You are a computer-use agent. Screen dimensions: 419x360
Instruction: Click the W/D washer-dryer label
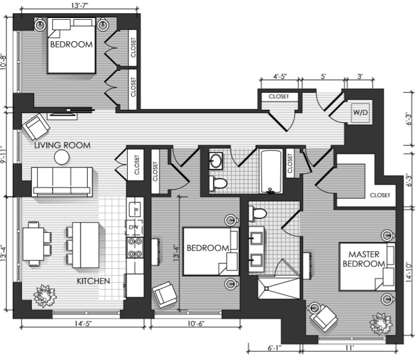pyautogui.click(x=360, y=113)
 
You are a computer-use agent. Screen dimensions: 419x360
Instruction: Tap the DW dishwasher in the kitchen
pyautogui.click(x=134, y=228)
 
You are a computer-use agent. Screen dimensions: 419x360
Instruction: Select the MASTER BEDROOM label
pyautogui.click(x=364, y=259)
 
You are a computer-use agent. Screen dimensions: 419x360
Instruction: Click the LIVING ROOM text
pyautogui.click(x=63, y=145)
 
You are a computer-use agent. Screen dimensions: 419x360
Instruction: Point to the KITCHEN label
pyautogui.click(x=93, y=281)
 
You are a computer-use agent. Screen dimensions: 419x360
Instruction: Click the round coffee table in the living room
pyautogui.click(x=62, y=157)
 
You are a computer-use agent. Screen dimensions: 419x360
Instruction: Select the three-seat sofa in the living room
pyautogui.click(x=62, y=182)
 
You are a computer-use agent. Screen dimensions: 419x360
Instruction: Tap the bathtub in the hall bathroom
pyautogui.click(x=271, y=171)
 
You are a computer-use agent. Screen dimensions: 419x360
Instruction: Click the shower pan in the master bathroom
pyautogui.click(x=279, y=289)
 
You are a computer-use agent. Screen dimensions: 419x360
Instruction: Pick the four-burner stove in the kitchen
pyautogui.click(x=135, y=248)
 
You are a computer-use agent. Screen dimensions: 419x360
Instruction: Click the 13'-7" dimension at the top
pyautogui.click(x=80, y=6)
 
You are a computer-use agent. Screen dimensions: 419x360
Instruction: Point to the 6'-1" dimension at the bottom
pyautogui.click(x=274, y=348)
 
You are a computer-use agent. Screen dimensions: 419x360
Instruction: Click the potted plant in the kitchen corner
pyautogui.click(x=45, y=296)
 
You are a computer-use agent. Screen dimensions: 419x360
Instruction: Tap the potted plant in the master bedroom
pyautogui.click(x=381, y=323)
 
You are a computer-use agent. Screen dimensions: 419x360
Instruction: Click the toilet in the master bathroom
pyautogui.click(x=257, y=213)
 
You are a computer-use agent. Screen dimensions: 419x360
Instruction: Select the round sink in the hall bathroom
pyautogui.click(x=216, y=161)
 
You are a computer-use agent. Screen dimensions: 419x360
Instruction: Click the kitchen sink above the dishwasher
pyautogui.click(x=135, y=209)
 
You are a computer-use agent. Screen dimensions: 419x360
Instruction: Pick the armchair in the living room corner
pyautogui.click(x=36, y=127)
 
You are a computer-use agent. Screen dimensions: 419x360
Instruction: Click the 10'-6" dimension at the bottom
pyautogui.click(x=196, y=323)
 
